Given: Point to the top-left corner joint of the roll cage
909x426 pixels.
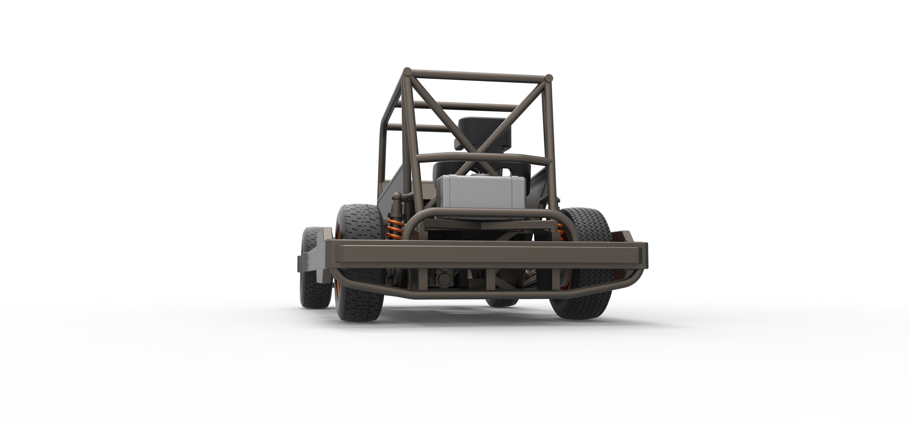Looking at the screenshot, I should [408, 72].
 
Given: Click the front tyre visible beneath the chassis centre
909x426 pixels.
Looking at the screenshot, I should [501, 302].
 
